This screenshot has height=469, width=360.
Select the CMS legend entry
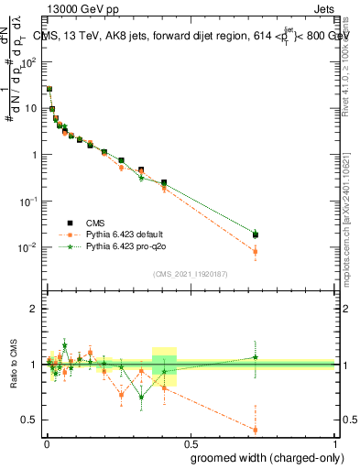[x=96, y=224]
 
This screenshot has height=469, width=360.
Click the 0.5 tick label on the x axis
[x=191, y=443]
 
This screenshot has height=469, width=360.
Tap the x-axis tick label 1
[x=335, y=443]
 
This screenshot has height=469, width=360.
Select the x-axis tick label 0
[x=46, y=443]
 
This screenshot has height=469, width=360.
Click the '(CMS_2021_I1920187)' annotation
[x=189, y=274]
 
